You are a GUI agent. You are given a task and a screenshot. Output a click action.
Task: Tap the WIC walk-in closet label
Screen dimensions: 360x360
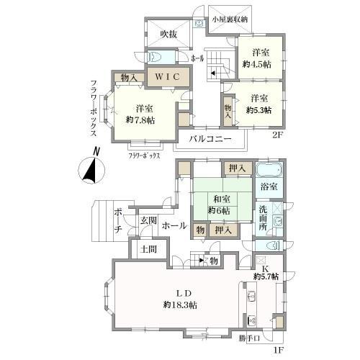168,75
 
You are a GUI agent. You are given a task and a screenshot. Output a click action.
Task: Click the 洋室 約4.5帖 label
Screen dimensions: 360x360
260,57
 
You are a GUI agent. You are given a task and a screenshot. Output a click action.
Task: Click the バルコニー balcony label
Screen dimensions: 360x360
210,138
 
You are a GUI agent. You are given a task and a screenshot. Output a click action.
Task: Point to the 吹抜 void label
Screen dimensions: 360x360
169,34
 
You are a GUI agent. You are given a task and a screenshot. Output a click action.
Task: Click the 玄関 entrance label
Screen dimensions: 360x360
148,220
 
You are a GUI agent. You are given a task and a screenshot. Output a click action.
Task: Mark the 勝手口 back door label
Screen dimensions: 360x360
249,336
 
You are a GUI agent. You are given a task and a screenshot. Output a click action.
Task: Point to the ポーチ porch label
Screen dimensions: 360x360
117,220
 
